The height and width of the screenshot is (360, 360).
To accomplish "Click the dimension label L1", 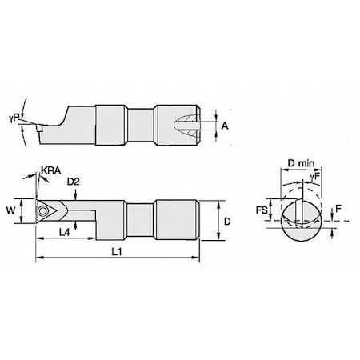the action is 117,251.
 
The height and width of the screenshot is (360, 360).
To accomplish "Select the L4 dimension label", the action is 64,232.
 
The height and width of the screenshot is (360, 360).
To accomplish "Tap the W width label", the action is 11,210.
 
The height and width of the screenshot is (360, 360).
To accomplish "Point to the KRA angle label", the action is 51,170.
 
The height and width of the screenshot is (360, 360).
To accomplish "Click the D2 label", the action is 74,182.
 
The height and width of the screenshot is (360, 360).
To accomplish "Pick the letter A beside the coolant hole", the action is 225,126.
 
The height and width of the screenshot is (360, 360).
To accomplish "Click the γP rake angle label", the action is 14,118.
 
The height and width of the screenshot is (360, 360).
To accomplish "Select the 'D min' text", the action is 302,162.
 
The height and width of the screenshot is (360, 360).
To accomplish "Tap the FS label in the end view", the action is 262,210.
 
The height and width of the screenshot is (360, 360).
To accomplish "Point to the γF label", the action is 315,177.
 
